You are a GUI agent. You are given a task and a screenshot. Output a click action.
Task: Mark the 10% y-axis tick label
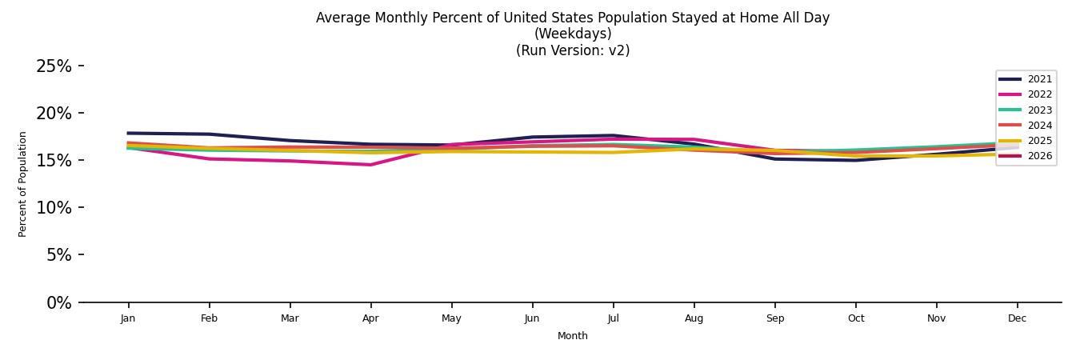[54, 208]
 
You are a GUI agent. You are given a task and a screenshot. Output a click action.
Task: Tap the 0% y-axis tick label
[58, 303]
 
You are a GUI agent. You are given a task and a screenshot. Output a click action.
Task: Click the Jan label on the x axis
[128, 318]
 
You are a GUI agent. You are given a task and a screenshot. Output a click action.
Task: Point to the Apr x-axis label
[370, 318]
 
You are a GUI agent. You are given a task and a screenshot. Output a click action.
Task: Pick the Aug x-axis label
[694, 318]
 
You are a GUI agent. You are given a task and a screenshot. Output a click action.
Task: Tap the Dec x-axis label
[1017, 318]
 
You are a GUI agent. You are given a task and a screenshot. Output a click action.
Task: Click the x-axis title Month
[573, 336]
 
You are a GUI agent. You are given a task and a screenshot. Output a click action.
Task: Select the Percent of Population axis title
[23, 184]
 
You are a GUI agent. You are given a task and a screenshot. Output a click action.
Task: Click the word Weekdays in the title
[573, 34]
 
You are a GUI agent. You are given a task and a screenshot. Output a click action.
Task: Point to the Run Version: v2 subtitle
[573, 50]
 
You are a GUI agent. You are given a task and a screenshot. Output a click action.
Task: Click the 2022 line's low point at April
[370, 165]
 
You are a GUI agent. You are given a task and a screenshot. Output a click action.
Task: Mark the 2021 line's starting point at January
[128, 133]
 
